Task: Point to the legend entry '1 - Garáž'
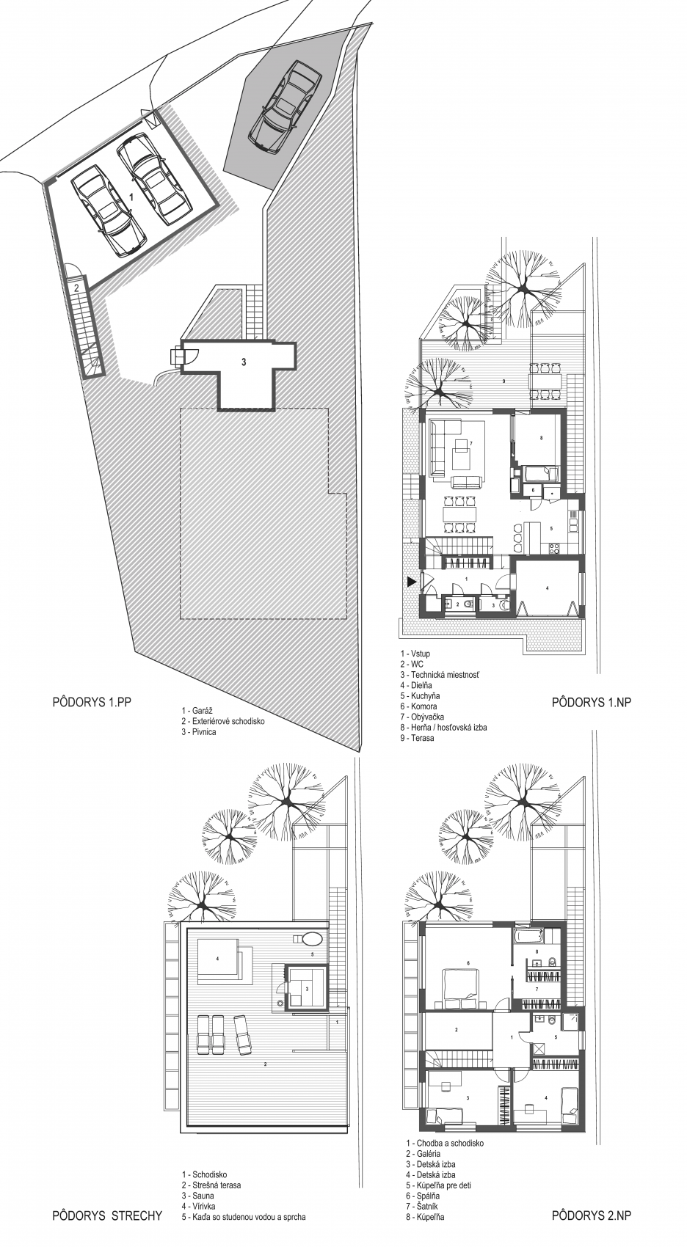197,711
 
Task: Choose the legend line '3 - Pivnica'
198,732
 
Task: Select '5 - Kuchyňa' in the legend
420,696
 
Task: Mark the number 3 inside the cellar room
244,362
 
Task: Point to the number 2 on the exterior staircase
78,288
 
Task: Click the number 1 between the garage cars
131,197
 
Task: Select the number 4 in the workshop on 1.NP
548,588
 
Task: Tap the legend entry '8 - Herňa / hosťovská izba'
443,728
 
